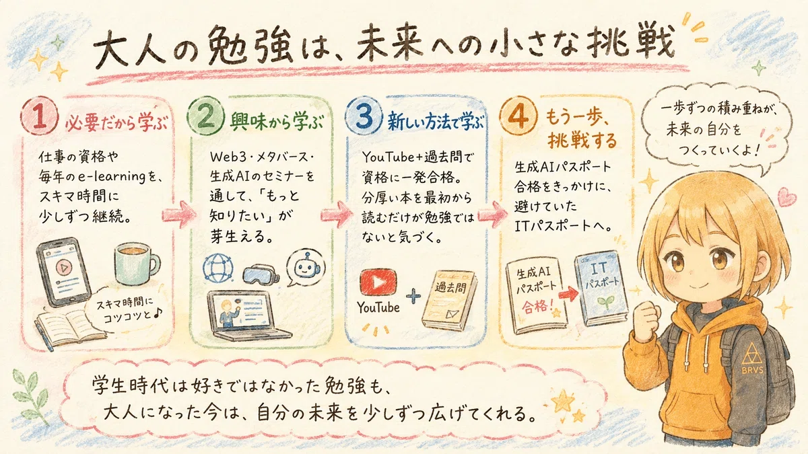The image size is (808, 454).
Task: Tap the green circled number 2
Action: [x=206, y=117]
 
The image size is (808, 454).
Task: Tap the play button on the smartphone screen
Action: [x=64, y=268]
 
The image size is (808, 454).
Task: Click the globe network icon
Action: [x=217, y=268]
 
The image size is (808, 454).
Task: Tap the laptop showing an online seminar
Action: [x=248, y=315]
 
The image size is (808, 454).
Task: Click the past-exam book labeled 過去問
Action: [x=450, y=300]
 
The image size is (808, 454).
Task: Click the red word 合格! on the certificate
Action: [x=537, y=306]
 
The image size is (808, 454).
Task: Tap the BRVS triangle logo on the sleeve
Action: [x=752, y=357]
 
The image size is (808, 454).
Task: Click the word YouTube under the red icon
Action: [x=378, y=307]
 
